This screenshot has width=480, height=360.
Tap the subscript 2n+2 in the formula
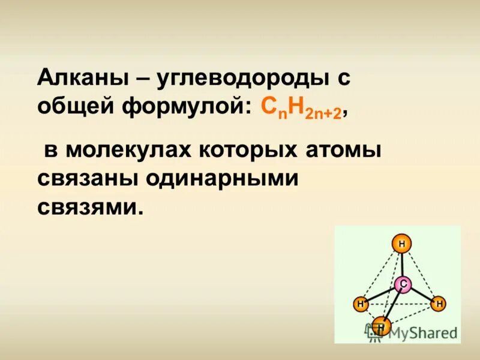325,115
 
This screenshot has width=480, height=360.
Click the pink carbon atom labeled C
404,284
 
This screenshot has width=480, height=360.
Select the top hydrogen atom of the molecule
401,244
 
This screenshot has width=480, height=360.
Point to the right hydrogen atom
439,304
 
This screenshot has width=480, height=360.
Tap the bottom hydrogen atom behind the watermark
380,326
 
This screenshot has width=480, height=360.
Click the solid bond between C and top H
403,263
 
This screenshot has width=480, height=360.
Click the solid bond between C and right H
422,294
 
